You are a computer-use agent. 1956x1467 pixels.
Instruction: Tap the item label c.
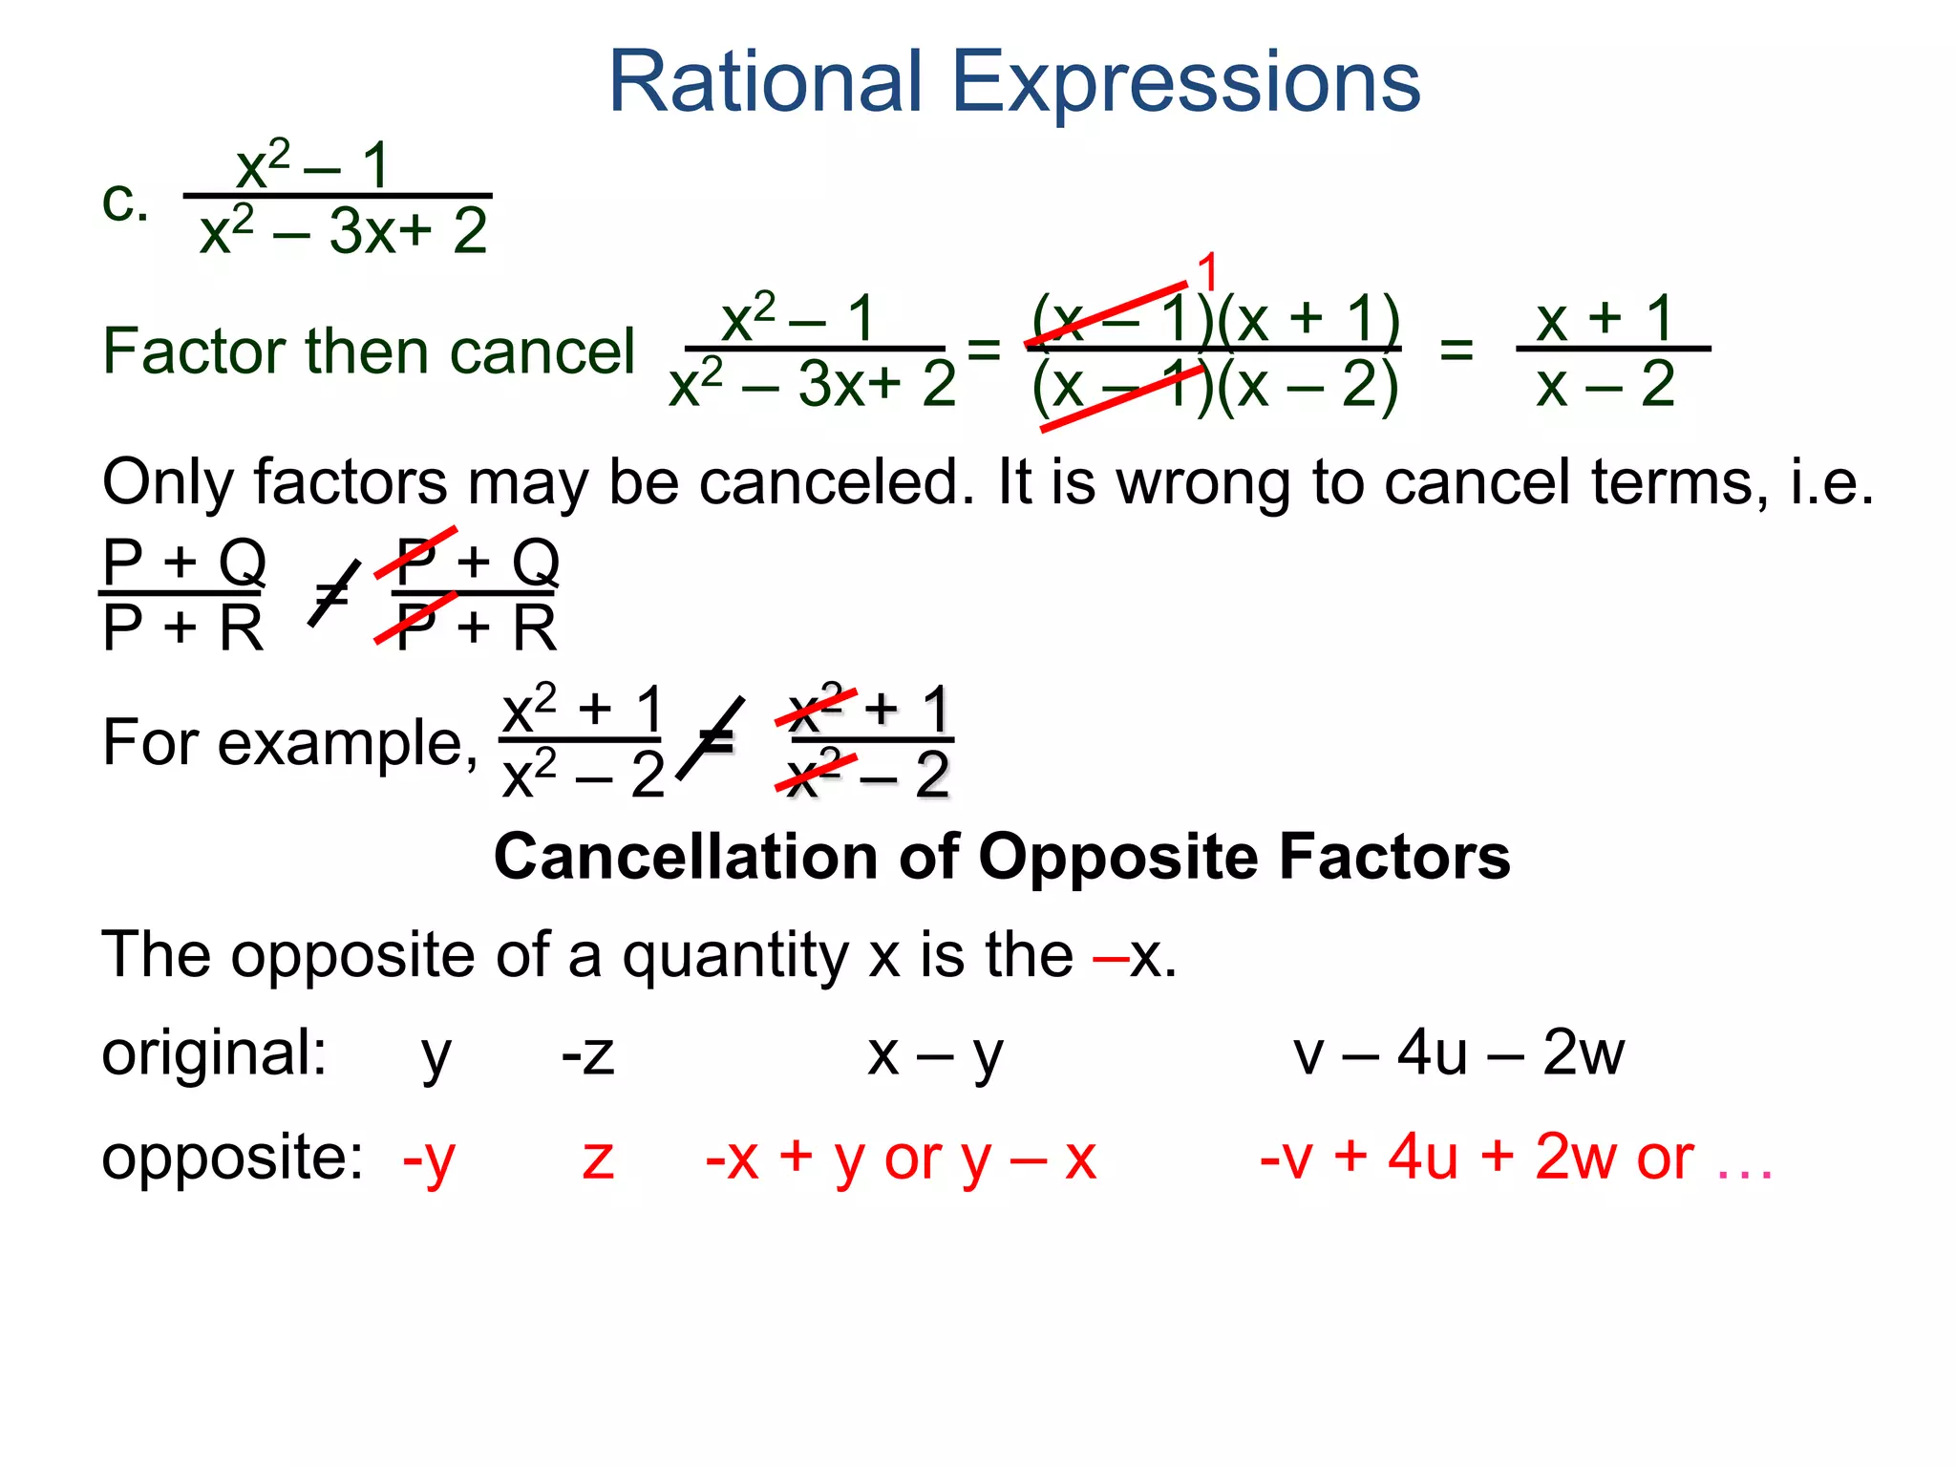tap(125, 202)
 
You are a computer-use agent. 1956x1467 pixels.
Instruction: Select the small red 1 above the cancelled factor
tap(1208, 272)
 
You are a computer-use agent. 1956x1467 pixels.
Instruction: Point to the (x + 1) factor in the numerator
tap(1309, 319)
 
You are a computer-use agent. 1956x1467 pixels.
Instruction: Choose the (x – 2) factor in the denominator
tap(1308, 386)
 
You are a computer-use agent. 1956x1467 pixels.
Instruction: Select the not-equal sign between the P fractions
tap(332, 594)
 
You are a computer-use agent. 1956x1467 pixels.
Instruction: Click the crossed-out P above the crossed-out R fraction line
tap(416, 560)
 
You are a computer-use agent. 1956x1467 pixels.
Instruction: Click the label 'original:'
tap(215, 1054)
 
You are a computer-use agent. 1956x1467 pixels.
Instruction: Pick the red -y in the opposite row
tap(429, 1159)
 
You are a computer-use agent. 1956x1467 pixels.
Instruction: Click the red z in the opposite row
tap(599, 1159)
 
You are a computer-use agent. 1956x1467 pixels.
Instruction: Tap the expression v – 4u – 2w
tap(1458, 1054)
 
